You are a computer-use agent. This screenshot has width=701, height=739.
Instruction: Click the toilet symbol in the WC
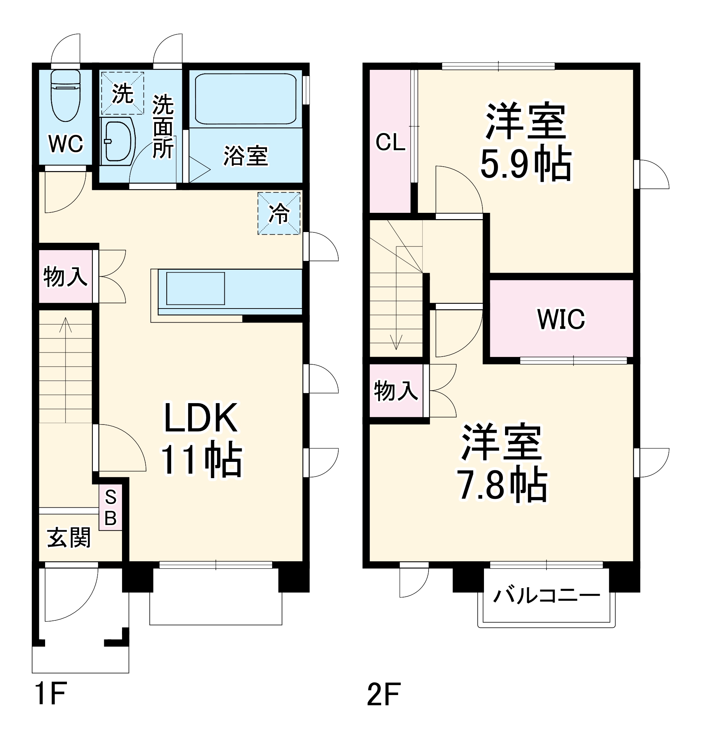click(66, 95)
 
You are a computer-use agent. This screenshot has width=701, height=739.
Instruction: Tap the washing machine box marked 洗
click(122, 93)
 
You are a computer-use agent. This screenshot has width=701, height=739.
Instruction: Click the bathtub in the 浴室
click(245, 99)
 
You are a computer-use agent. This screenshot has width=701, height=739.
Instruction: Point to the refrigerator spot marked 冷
click(279, 214)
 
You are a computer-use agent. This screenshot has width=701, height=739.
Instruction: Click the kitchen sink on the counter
click(196, 289)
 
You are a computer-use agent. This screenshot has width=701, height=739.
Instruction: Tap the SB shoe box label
click(111, 507)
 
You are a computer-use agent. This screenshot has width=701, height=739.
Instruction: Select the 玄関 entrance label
click(69, 538)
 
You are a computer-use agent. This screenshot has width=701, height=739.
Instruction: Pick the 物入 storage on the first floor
click(66, 277)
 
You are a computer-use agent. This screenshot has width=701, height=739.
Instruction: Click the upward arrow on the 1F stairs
click(66, 325)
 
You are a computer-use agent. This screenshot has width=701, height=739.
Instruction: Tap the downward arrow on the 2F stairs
click(396, 342)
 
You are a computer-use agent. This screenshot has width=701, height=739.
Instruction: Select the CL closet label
click(390, 142)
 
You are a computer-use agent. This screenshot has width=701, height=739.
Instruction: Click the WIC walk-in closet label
click(561, 319)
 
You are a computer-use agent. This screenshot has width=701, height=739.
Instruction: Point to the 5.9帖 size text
click(526, 165)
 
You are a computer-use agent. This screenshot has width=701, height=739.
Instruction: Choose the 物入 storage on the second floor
click(396, 391)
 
